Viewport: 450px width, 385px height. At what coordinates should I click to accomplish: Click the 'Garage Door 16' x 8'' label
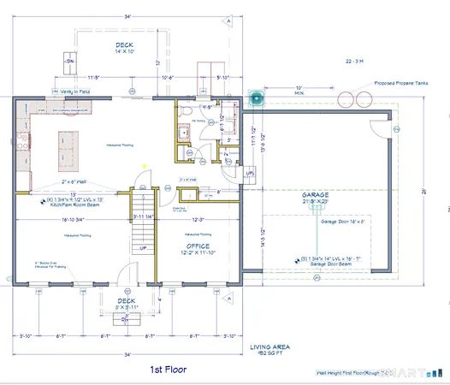coord(343,221)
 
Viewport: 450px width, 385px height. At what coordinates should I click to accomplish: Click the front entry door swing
coord(127,275)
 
